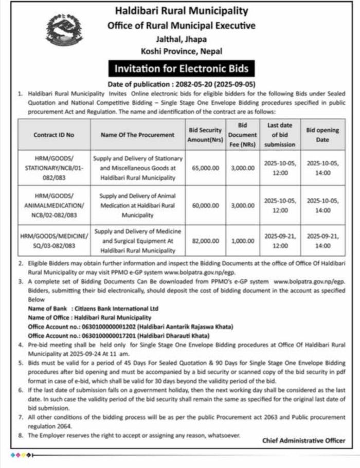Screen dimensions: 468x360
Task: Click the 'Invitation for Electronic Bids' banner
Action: [x=181, y=68]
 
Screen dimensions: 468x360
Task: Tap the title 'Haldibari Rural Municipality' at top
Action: [x=181, y=10]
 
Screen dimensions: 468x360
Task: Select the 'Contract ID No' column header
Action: [x=53, y=135]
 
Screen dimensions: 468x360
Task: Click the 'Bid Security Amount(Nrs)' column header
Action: [x=205, y=135]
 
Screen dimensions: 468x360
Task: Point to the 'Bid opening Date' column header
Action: [x=322, y=135]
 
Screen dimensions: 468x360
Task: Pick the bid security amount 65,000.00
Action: [x=205, y=168]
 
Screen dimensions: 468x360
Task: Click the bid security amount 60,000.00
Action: [x=205, y=205]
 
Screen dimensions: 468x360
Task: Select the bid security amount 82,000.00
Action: [x=205, y=240]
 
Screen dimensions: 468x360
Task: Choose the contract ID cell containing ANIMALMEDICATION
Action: [x=53, y=205]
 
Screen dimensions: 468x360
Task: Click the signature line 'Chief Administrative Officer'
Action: [x=303, y=440]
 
